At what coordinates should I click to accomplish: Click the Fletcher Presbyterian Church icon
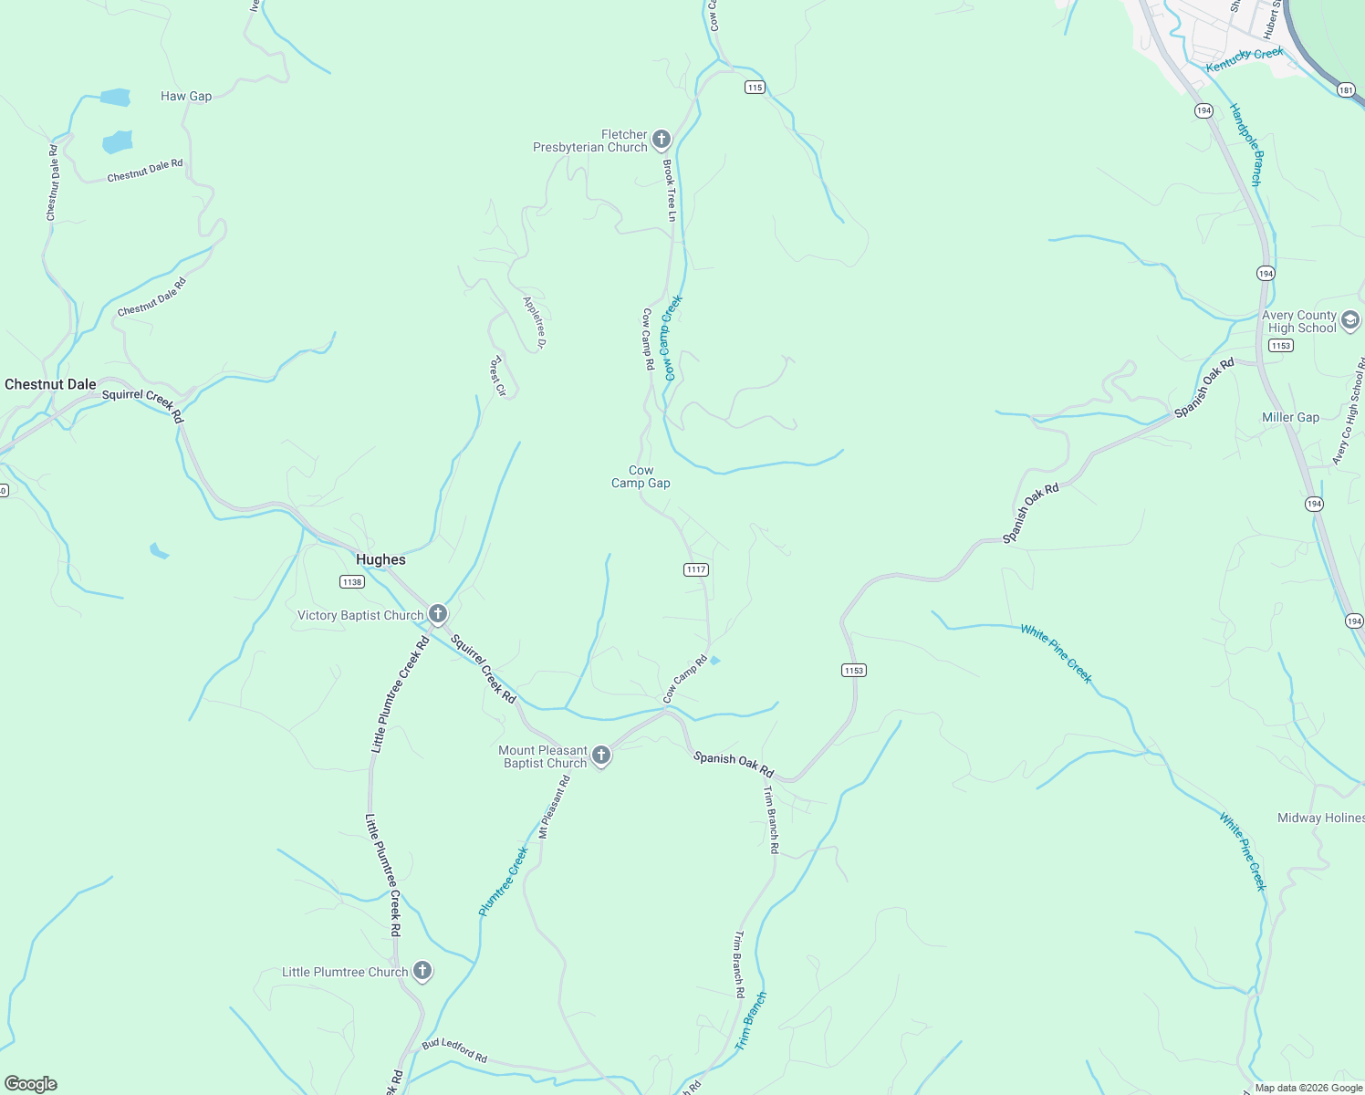coord(662,140)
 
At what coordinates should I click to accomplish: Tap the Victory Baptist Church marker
coord(438,614)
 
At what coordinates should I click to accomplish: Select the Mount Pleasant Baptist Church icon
coord(600,755)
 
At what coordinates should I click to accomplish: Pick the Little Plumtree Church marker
coord(422,971)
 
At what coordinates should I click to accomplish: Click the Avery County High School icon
coord(1350,320)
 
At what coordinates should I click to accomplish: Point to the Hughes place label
coord(380,559)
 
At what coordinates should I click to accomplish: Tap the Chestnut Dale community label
coord(50,384)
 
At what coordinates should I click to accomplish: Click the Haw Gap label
coord(186,96)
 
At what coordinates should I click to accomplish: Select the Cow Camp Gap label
coord(641,476)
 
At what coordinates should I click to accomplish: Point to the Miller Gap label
coord(1290,417)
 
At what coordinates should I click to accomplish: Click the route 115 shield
coord(754,87)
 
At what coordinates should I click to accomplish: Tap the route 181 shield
coord(1346,89)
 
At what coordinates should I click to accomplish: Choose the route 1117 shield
coord(695,569)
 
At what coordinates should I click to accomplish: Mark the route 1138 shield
coord(351,581)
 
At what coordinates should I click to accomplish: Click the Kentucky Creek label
coord(1245,59)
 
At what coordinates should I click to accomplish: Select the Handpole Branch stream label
coord(1245,145)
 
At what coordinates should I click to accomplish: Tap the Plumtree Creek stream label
coord(504,881)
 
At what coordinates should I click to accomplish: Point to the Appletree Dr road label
coord(535,322)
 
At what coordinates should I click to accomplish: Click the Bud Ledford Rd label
coord(454,1050)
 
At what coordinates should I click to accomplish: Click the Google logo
coord(31,1083)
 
